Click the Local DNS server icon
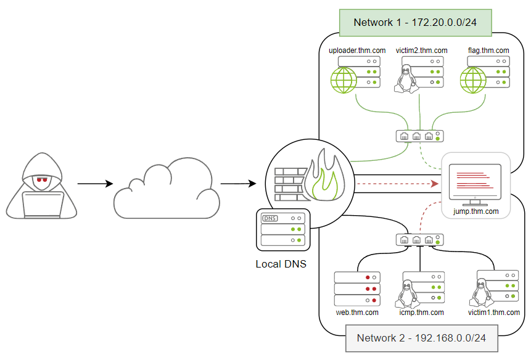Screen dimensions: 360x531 click(283, 230)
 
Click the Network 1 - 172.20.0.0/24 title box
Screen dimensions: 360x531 click(414, 22)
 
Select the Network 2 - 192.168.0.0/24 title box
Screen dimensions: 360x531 click(421, 338)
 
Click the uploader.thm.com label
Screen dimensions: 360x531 click(358, 51)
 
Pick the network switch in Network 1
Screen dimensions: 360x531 click(419, 136)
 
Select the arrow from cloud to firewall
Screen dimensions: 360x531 click(238, 184)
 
